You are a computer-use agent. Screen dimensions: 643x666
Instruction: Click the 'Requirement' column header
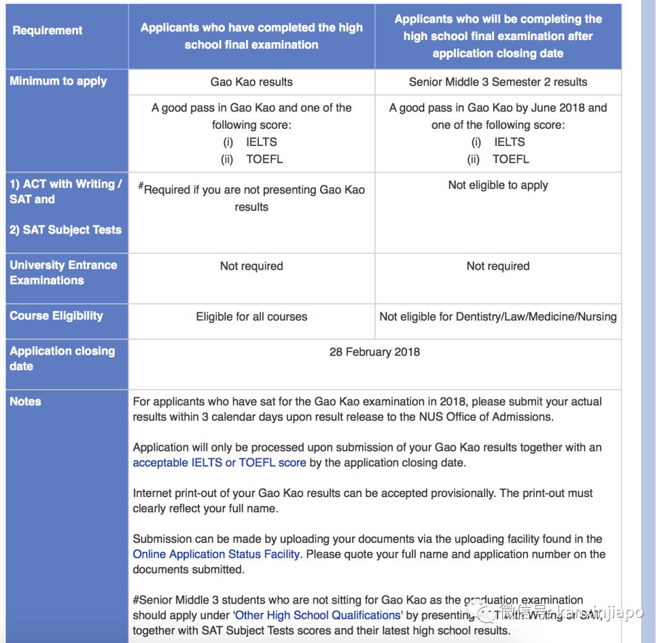(47, 31)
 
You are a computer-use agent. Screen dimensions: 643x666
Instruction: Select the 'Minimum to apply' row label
(59, 81)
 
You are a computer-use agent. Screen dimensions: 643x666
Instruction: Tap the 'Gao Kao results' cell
(252, 82)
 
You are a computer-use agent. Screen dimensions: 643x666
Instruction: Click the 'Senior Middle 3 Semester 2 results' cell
(498, 82)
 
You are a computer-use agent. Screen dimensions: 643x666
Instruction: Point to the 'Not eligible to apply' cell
(498, 185)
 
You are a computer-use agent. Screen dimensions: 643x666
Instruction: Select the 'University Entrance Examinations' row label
(63, 272)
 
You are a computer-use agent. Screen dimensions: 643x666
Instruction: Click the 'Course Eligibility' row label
(56, 316)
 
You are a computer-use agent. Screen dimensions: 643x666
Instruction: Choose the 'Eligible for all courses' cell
(252, 317)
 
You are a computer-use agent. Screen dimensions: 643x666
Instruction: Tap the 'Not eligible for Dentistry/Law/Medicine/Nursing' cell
(498, 317)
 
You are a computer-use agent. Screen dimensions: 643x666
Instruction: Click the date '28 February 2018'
(374, 352)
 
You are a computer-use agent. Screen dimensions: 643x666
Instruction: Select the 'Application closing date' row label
(62, 358)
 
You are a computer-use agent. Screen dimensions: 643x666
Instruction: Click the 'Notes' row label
(25, 402)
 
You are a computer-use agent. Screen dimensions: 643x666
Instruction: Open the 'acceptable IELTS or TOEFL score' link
(220, 463)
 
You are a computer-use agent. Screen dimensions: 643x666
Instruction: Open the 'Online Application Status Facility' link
(216, 554)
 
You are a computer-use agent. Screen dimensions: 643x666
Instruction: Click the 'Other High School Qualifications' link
(318, 615)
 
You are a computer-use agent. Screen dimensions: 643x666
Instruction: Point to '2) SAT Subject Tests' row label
(65, 230)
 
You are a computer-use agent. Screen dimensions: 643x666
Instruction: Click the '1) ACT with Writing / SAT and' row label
(65, 192)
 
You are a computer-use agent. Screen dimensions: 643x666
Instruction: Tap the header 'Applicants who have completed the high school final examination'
(252, 36)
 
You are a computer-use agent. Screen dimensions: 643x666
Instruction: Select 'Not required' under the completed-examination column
(252, 267)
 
